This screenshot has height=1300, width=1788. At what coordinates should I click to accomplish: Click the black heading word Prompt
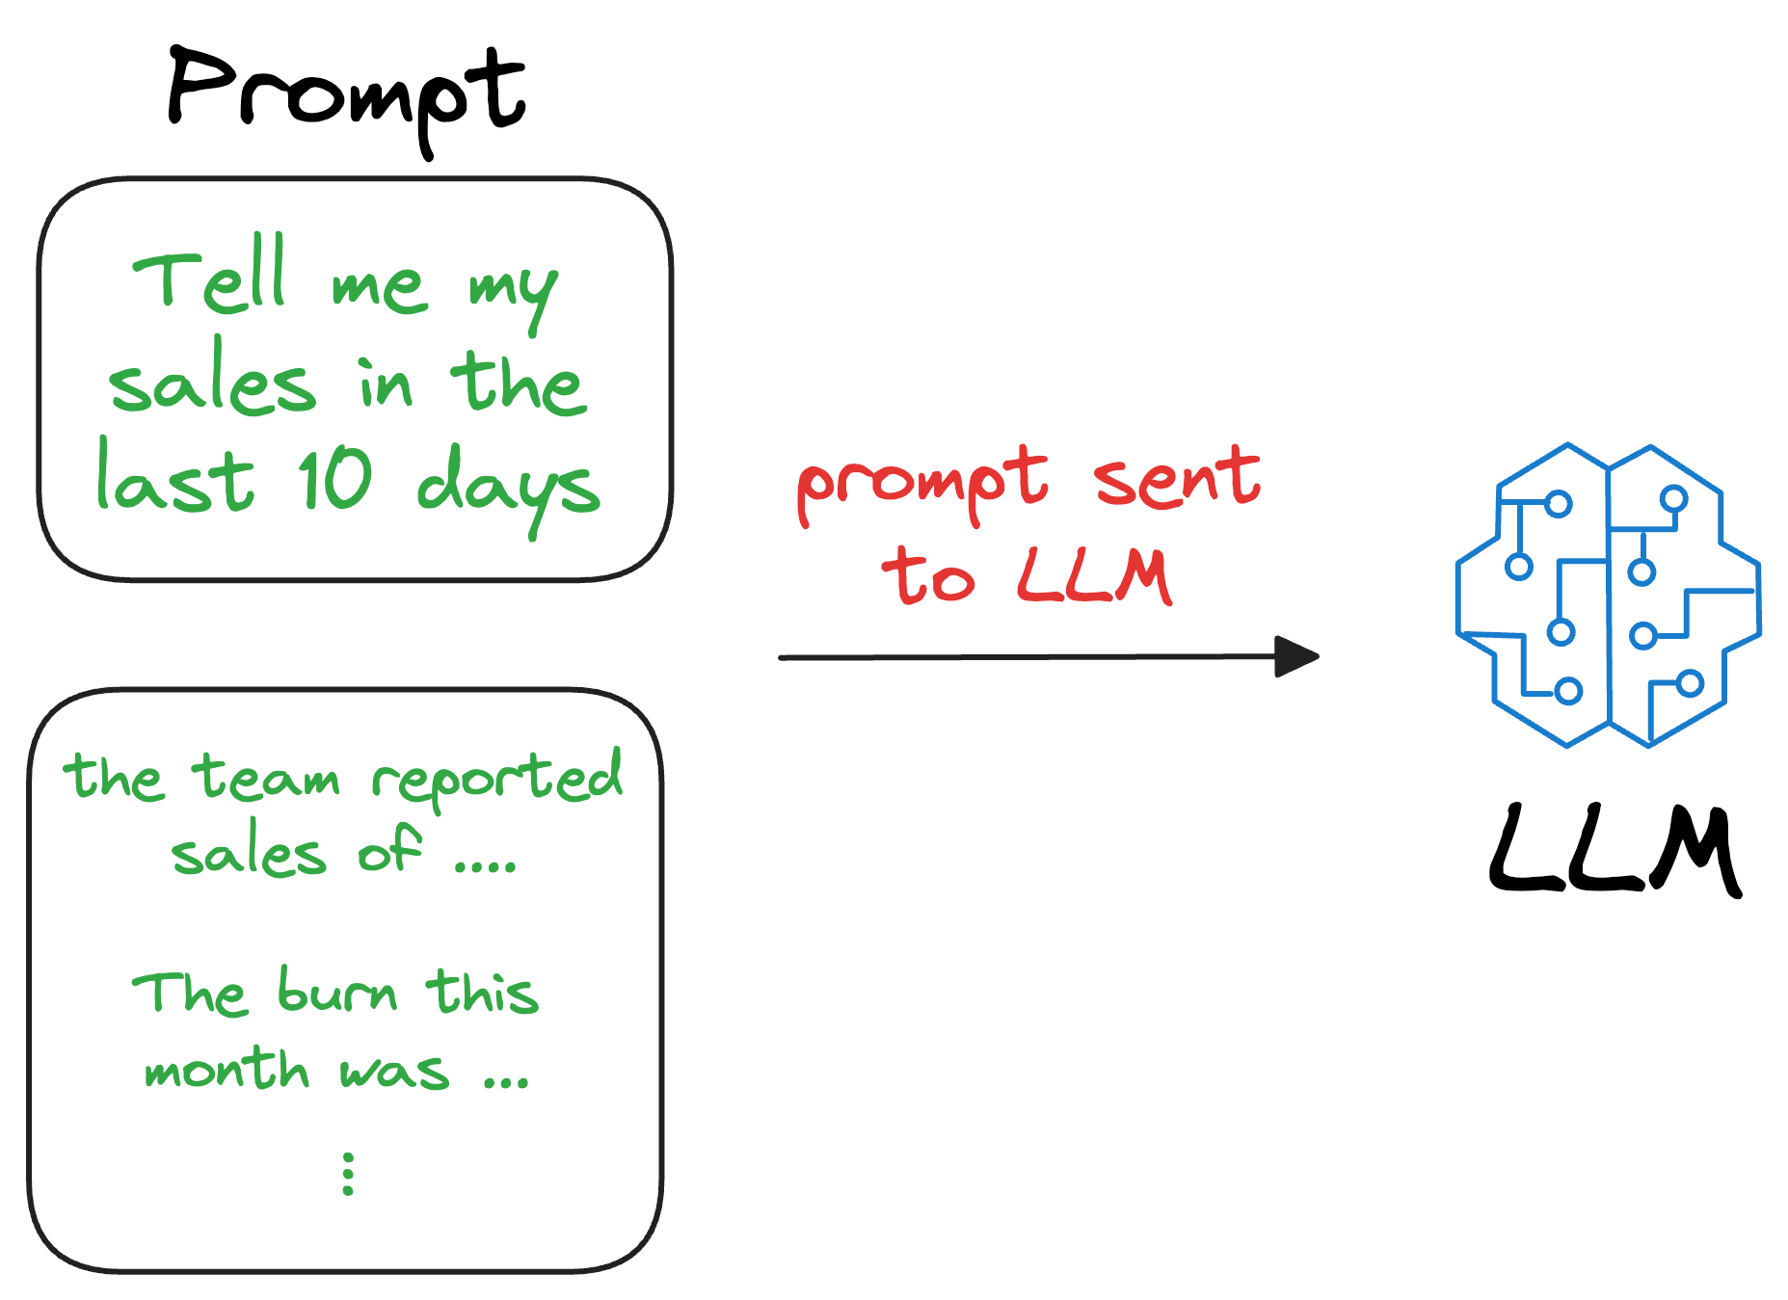[347, 96]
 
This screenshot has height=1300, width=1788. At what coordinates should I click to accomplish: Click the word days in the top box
[508, 487]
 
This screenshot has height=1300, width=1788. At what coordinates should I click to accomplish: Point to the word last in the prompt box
[175, 479]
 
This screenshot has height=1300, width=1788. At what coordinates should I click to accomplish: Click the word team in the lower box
[266, 779]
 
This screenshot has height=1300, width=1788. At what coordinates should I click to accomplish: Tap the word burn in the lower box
[337, 993]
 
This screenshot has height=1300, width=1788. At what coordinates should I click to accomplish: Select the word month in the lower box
[227, 1070]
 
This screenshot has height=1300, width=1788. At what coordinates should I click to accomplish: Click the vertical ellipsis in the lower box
[348, 1174]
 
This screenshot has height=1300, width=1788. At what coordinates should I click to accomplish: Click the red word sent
[1177, 479]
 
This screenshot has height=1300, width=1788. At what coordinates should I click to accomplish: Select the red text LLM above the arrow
[1095, 576]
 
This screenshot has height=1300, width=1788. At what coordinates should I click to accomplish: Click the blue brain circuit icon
[1608, 595]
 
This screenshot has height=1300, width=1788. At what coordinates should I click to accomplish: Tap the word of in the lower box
[389, 852]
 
